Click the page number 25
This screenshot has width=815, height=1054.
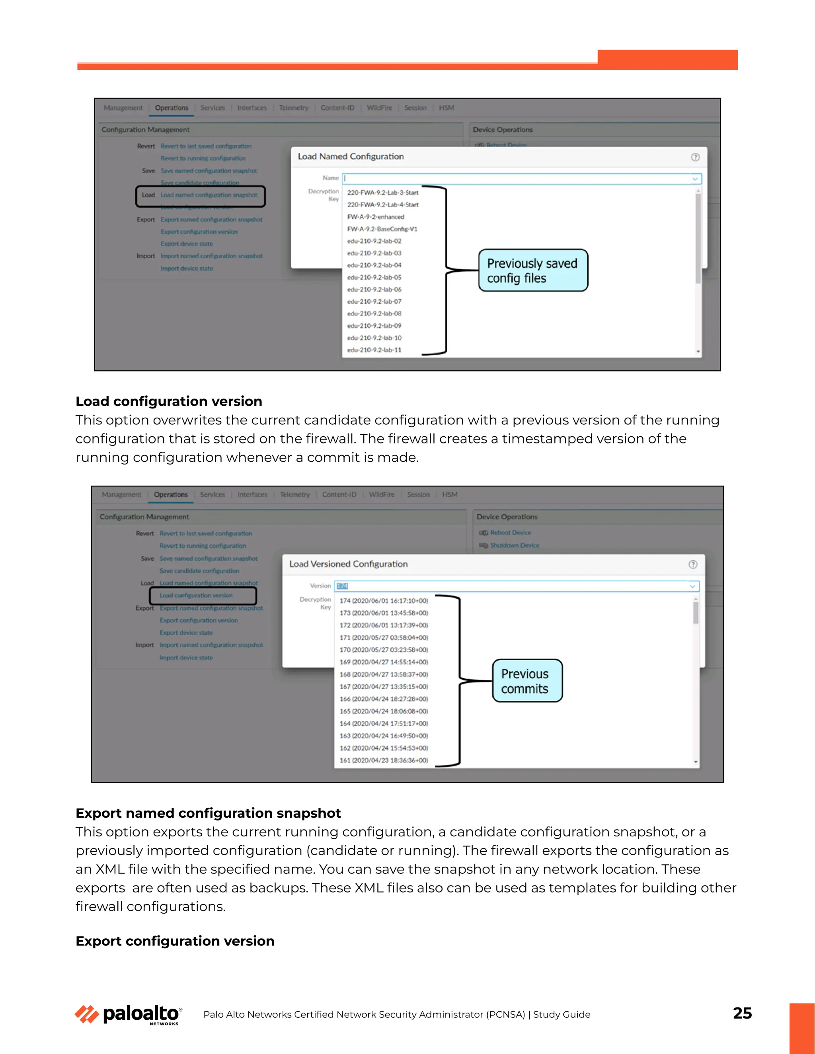coord(742,1013)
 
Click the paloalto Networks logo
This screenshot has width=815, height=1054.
coord(129,1015)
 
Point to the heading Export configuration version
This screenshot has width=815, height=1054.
coord(175,941)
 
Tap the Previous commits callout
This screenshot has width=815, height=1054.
coord(527,681)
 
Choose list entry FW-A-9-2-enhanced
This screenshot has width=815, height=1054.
coord(375,217)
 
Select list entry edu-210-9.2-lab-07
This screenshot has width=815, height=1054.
coord(374,301)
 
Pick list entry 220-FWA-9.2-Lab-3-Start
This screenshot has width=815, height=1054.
coord(382,193)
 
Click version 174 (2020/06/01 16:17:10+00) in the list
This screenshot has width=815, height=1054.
coord(383,601)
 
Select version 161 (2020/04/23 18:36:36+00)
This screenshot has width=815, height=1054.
coord(383,760)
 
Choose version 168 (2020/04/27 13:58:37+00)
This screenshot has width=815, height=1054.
coord(383,674)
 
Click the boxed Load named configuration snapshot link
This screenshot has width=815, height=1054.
coord(209,195)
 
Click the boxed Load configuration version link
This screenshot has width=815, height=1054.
coord(196,595)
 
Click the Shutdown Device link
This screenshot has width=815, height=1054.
coord(514,545)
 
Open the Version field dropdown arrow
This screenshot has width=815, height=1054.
coord(692,586)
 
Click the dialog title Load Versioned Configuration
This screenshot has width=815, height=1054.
coord(348,564)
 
